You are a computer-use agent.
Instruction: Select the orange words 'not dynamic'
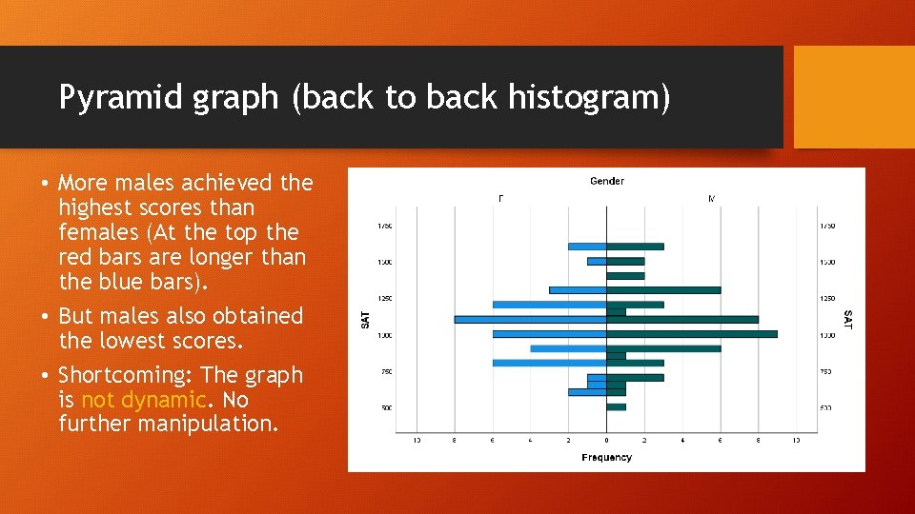[143, 400]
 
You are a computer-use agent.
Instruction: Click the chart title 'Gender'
[607, 181]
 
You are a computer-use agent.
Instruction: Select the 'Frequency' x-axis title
[606, 458]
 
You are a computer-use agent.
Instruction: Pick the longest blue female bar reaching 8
[530, 319]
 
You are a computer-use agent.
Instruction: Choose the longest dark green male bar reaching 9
[692, 334]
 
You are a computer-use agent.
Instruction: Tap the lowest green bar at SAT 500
[617, 407]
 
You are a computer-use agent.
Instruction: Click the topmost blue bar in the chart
[587, 247]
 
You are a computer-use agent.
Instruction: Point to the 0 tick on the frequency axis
[606, 440]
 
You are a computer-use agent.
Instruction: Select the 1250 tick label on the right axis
[827, 299]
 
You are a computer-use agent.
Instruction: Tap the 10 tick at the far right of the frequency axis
[796, 440]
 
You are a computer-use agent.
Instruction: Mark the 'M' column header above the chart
[711, 199]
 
